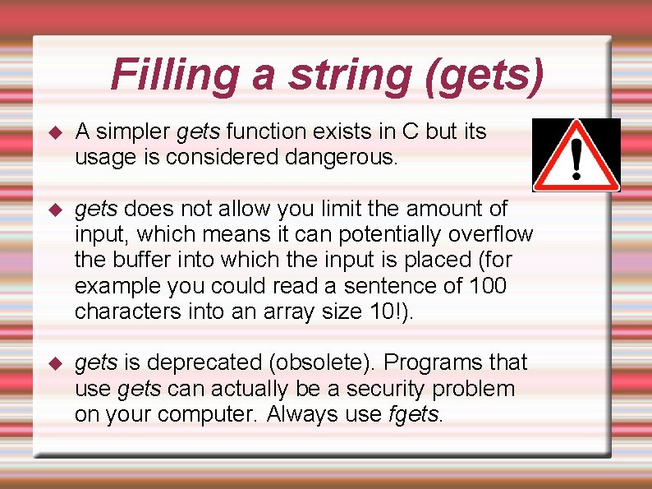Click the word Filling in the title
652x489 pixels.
[175, 74]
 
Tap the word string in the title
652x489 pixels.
[346, 76]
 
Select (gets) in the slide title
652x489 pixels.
[484, 76]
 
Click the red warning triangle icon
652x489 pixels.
[576, 155]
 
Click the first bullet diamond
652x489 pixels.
[55, 132]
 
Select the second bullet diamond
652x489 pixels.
[55, 210]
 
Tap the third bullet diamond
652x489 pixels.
[55, 363]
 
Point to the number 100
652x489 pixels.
[489, 286]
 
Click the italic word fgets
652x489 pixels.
[414, 414]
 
